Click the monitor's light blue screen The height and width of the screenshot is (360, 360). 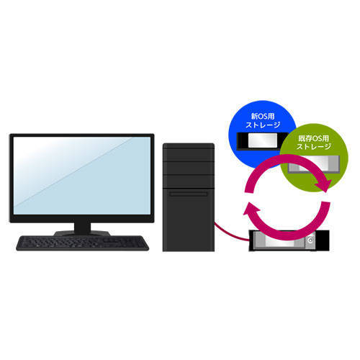click(82, 175)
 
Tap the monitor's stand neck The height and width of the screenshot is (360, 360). click(82, 228)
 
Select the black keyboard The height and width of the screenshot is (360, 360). click(82, 243)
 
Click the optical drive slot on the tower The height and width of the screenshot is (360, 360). click(189, 194)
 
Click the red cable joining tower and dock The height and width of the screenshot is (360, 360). click(230, 233)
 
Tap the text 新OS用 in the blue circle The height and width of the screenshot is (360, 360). click(263, 117)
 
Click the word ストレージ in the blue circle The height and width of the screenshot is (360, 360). click(263, 125)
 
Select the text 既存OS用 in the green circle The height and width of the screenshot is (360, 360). click(313, 138)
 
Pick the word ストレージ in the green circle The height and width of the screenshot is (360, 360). click(314, 146)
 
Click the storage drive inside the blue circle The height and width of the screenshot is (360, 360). click(261, 141)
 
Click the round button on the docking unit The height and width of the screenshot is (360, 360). click(311, 240)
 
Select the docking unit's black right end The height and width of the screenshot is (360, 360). click(323, 240)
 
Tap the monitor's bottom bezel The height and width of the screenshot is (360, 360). click(82, 218)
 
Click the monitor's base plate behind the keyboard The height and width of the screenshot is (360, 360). click(82, 233)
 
